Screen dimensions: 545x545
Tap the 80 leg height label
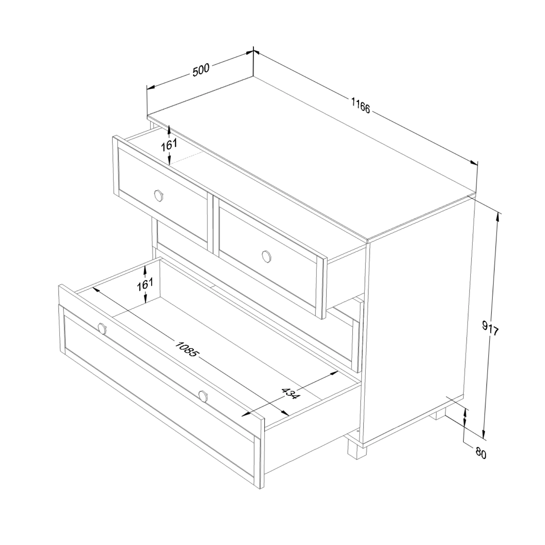481,453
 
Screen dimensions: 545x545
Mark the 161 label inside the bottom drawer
145,284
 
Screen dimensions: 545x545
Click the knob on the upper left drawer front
158,195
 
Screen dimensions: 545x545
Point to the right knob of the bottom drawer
203,396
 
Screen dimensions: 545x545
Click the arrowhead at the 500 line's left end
150,87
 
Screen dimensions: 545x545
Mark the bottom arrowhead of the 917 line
484,433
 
